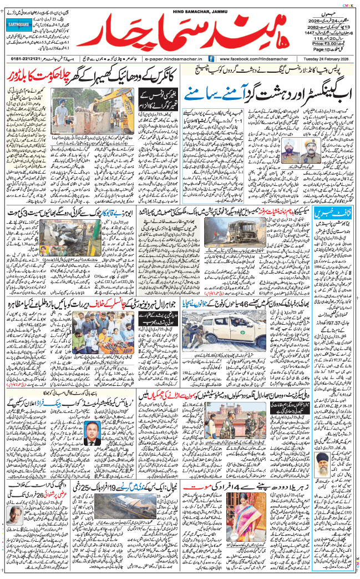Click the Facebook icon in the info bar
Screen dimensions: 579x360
coord(211,58)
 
